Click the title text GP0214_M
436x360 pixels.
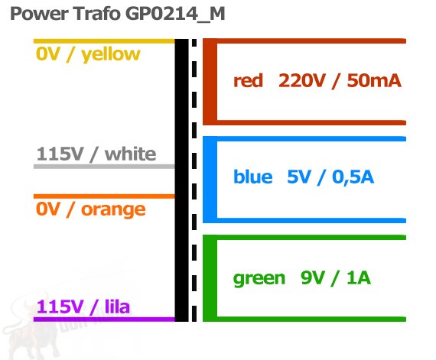pyautogui.click(x=175, y=15)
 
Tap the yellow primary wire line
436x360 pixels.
pyautogui.click(x=104, y=41)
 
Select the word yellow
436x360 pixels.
pyautogui.click(x=111, y=55)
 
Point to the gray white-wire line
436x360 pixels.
pyautogui.click(x=104, y=167)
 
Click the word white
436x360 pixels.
pyautogui.click(x=130, y=154)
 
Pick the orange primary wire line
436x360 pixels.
pyautogui.click(x=104, y=196)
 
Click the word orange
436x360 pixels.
pyautogui.click(x=113, y=210)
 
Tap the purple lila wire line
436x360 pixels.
pyautogui.click(x=104, y=319)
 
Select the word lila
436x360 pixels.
pyautogui.click(x=117, y=306)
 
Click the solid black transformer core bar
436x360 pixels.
pyautogui.click(x=181, y=180)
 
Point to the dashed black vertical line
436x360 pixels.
pyautogui.click(x=194, y=180)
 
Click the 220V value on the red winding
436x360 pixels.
pyautogui.click(x=301, y=81)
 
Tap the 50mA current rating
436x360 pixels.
pyautogui.click(x=374, y=81)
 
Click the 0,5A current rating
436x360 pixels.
pyautogui.click(x=353, y=177)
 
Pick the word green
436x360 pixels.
pyautogui.click(x=259, y=279)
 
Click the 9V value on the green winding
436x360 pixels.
pyautogui.click(x=313, y=277)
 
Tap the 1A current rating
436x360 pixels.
pyautogui.click(x=359, y=277)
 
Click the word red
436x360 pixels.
pyautogui.click(x=248, y=81)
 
